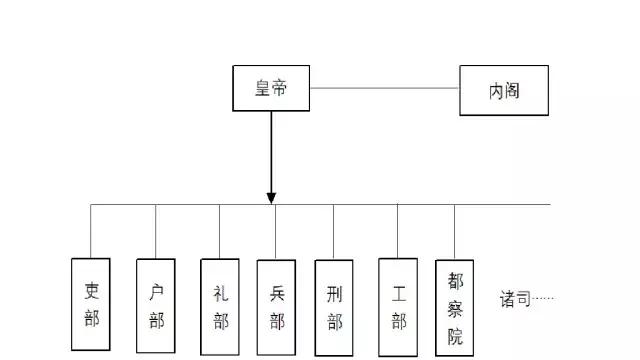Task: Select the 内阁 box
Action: point(504,90)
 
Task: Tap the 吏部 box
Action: point(92,305)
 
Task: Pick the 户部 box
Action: point(156,305)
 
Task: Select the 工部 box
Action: point(398,306)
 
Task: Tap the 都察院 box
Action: point(455,306)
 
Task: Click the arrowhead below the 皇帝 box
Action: point(271,197)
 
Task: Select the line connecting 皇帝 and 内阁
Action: point(384,88)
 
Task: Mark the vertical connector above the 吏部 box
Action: point(92,231)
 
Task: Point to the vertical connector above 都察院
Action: point(455,232)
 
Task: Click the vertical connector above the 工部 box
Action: point(398,231)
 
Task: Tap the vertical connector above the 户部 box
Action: point(156,231)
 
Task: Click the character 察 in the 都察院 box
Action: point(455,307)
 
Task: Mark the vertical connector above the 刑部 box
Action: point(334,232)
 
